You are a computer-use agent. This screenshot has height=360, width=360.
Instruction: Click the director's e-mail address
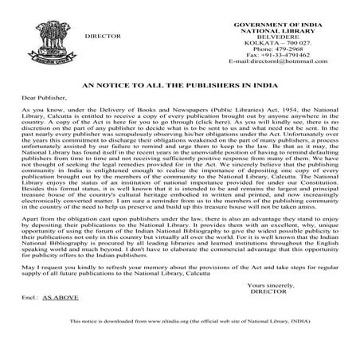283,61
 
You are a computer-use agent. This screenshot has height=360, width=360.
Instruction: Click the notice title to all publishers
179,81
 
